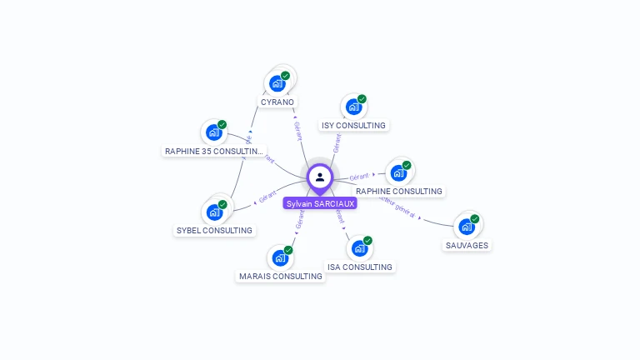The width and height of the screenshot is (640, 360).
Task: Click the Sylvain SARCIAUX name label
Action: (319, 203)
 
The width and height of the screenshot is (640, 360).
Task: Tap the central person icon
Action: (320, 177)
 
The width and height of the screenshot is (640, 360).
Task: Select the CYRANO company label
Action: (277, 102)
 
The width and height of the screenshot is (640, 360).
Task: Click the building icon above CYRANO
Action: (278, 83)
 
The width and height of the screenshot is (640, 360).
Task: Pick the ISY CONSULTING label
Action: (353, 126)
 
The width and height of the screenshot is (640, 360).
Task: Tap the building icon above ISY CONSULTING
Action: (354, 107)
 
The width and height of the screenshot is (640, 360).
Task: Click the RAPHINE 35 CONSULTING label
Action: (214, 151)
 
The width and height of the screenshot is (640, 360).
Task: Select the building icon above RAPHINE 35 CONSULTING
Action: (215, 132)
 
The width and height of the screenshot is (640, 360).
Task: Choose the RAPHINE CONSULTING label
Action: (399, 191)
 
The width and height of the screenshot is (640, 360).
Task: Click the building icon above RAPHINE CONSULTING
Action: (398, 172)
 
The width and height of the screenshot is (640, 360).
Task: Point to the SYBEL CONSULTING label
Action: (214, 230)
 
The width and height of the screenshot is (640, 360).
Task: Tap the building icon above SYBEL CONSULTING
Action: (215, 212)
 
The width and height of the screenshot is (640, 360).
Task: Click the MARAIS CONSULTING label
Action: (280, 276)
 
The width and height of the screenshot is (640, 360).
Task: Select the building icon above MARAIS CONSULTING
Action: (281, 257)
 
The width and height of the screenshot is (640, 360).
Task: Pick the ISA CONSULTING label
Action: (359, 267)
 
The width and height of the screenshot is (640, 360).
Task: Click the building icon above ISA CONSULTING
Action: (359, 248)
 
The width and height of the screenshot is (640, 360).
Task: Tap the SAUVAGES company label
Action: (467, 245)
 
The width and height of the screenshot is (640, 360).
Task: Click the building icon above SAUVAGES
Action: (467, 227)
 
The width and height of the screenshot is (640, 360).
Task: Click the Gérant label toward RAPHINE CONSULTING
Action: (359, 177)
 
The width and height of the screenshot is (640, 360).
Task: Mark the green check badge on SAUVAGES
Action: (475, 219)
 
